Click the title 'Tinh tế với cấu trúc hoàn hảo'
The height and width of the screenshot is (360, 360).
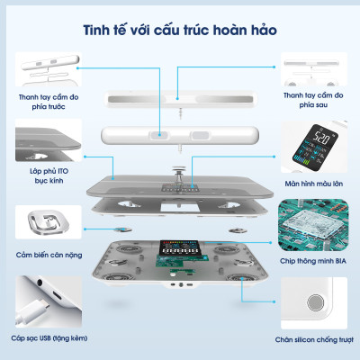tap(180, 30)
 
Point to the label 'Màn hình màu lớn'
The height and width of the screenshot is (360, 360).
tap(315, 184)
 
